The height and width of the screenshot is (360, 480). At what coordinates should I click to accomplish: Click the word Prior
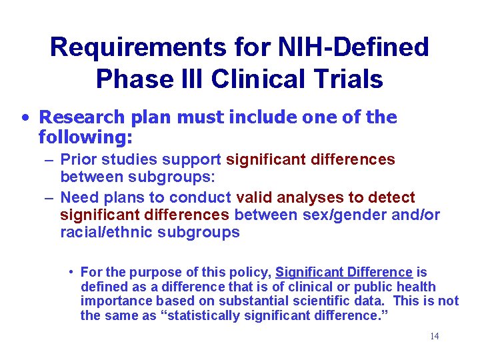[x=77, y=160]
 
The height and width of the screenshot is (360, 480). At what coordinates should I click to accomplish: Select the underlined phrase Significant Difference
[x=344, y=273]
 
